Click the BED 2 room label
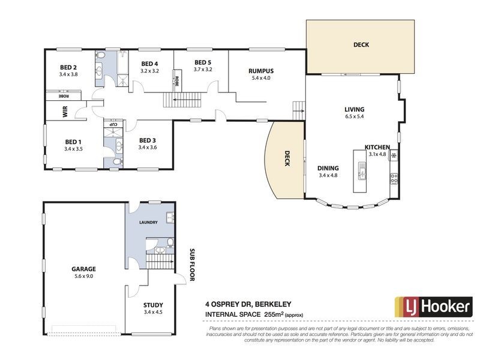[x=68, y=67]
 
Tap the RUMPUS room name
[x=261, y=71]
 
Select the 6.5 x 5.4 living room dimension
[x=354, y=116]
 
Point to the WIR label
[x=65, y=112]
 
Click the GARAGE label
[x=83, y=269]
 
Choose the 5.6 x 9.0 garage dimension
[x=83, y=276]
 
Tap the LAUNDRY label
[x=148, y=222]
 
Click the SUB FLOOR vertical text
[x=192, y=265]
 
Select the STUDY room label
[x=153, y=305]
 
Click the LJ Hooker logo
[x=433, y=307]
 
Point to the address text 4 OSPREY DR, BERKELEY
[x=248, y=304]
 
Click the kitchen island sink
[x=362, y=171]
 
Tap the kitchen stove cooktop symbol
[x=394, y=178]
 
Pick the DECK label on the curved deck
[x=287, y=158]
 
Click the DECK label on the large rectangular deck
[x=361, y=44]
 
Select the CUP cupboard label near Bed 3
[x=113, y=125]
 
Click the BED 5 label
[x=203, y=62]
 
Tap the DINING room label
[x=328, y=169]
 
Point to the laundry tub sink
[x=170, y=217]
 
